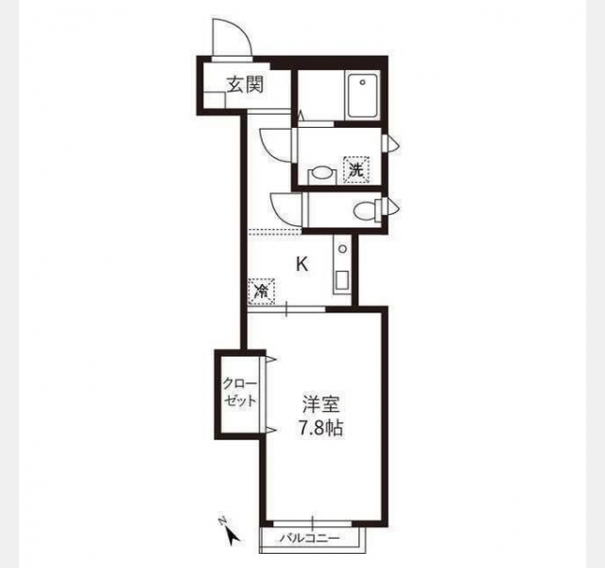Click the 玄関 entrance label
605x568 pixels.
[x=245, y=84]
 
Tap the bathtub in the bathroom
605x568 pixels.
[x=362, y=96]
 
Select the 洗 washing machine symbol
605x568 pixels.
[x=357, y=169]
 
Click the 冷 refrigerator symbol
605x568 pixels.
[x=262, y=291]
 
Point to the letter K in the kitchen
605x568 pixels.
[x=302, y=264]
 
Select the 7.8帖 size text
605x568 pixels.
[x=321, y=428]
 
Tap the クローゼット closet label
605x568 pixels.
[x=240, y=393]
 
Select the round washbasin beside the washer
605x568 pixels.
[x=320, y=173]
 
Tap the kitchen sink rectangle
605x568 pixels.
[x=342, y=280]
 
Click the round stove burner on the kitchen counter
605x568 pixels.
[x=342, y=249]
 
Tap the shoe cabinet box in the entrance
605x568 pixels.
[x=214, y=100]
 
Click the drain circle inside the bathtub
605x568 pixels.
[x=362, y=82]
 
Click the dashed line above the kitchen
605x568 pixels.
[x=275, y=231]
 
